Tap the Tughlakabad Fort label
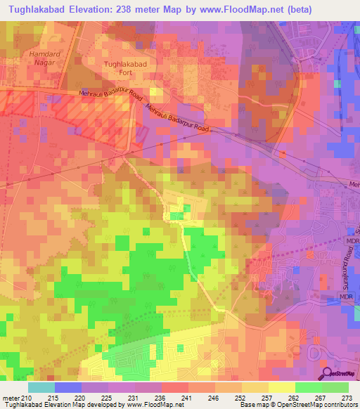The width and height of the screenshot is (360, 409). [x=125, y=68]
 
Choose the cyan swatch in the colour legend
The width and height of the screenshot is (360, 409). [x=41, y=387]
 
